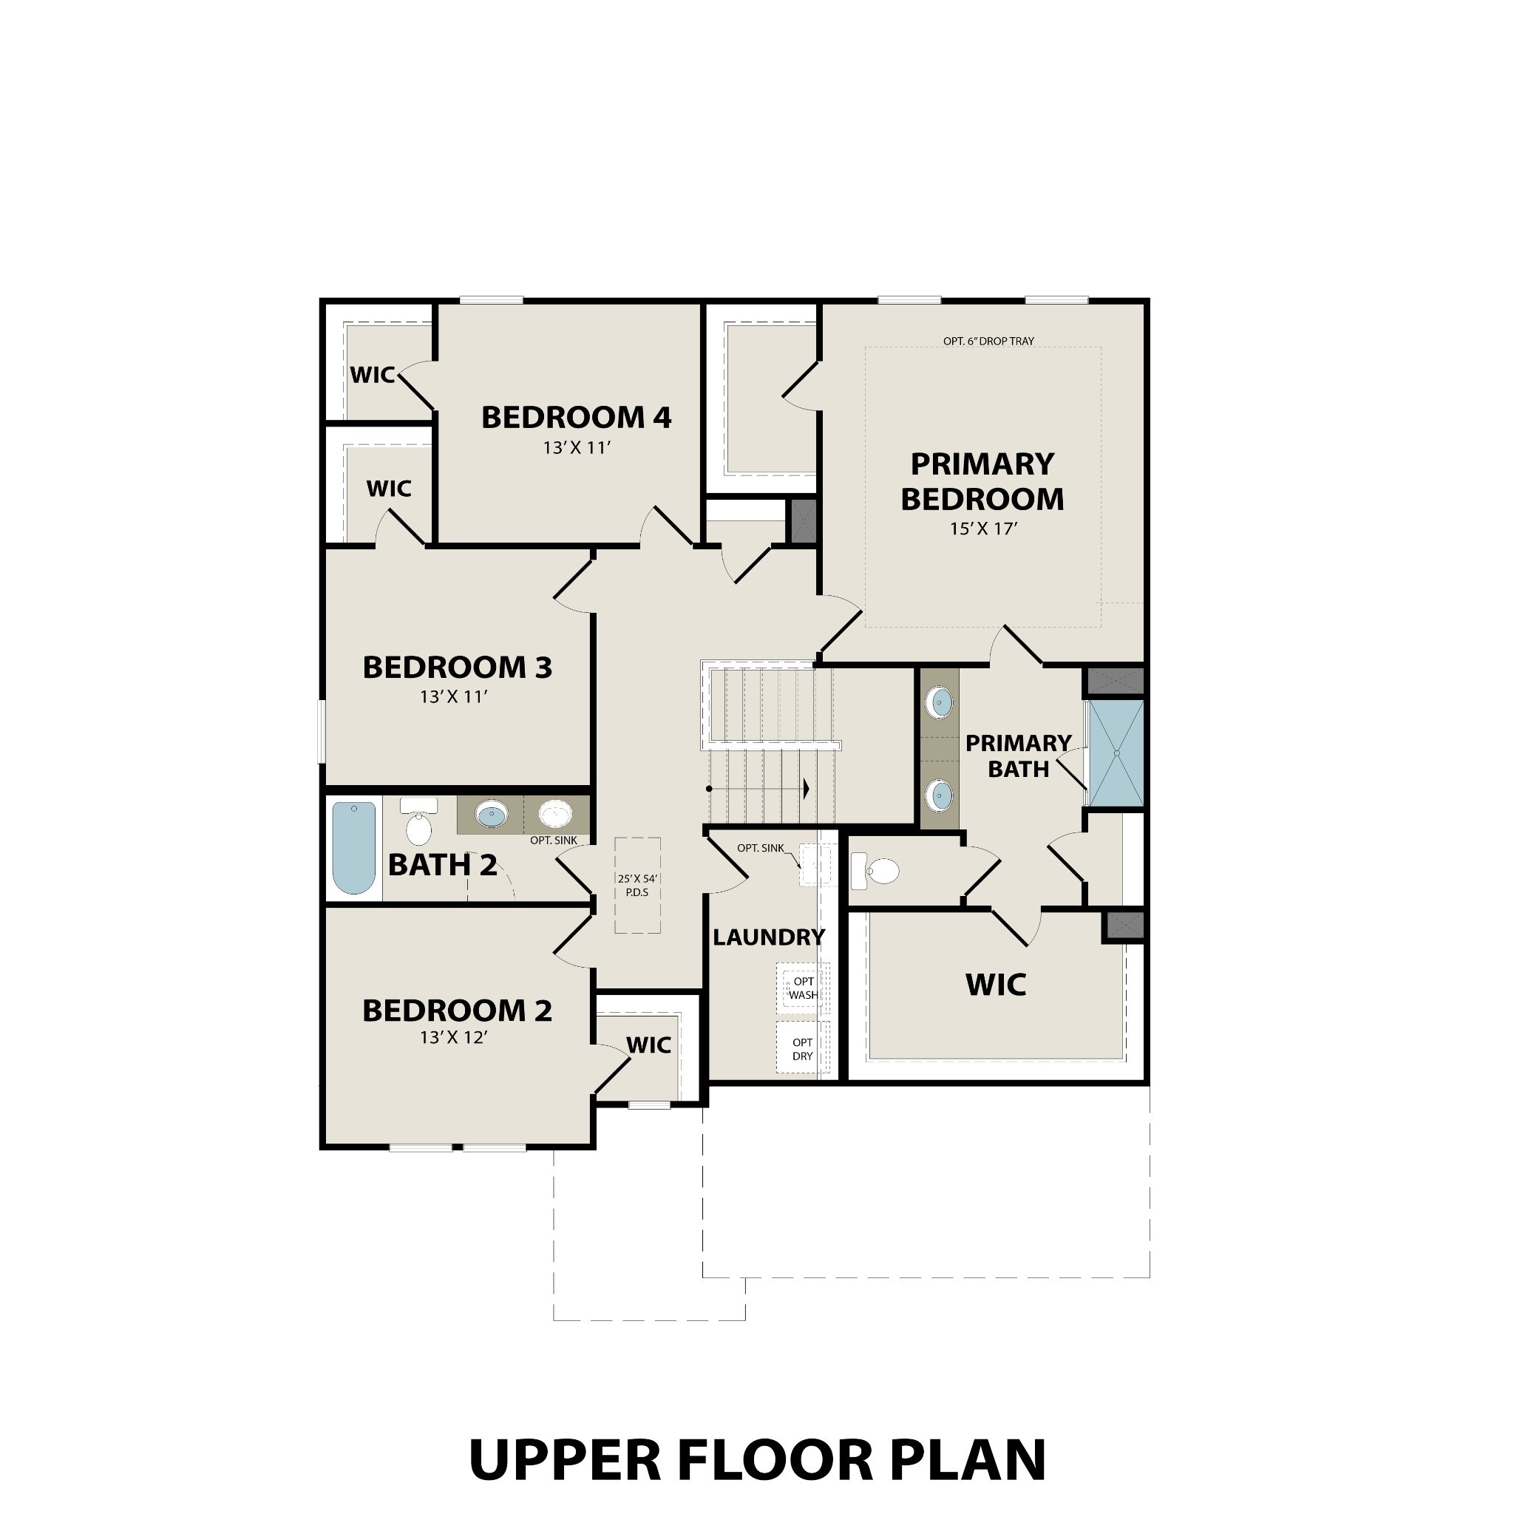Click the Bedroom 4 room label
point(576,418)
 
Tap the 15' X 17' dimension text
point(982,529)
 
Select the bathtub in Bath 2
point(353,846)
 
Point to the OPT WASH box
point(802,988)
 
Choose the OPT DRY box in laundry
point(802,1048)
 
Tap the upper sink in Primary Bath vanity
point(940,702)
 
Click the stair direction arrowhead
point(806,788)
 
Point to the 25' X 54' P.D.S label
point(637,886)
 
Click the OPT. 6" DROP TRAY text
point(988,341)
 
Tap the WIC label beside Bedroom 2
point(648,1045)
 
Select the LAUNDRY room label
point(768,937)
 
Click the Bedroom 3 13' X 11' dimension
point(454,696)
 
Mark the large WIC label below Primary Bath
point(995,984)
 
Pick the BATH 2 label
point(442,865)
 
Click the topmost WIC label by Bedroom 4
point(373,376)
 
